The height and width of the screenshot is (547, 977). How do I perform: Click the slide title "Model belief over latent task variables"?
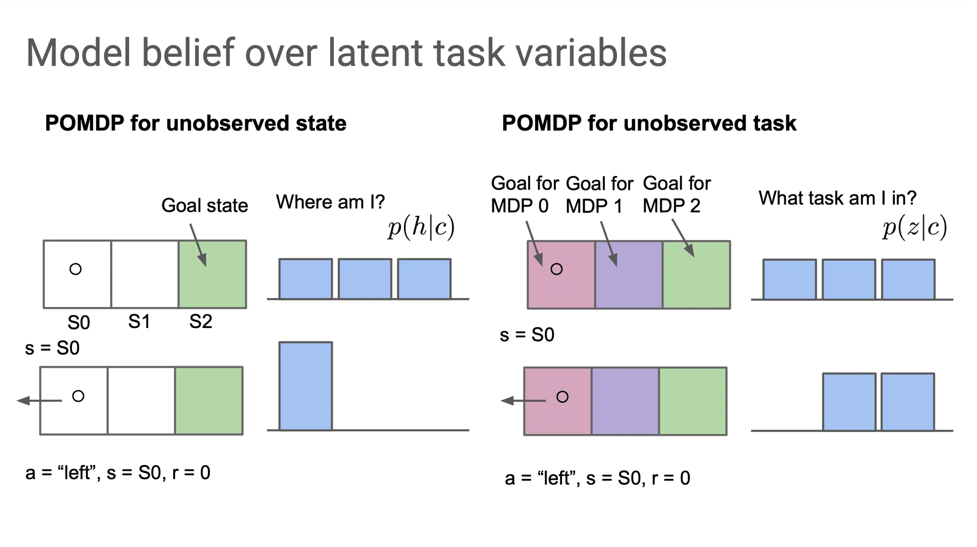pos(346,53)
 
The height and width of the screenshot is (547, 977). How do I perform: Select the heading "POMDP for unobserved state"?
pos(196,123)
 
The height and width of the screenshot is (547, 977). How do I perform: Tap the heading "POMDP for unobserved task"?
pos(649,123)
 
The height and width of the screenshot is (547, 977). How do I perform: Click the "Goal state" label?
pos(205,206)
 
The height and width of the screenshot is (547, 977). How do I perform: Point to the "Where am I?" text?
pos(330,202)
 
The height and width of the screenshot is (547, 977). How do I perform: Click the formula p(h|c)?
pos(421,227)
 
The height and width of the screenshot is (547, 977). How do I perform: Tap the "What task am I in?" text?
pos(837,198)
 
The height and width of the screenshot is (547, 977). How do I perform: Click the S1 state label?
pos(139,322)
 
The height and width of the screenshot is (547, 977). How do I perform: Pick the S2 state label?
pos(200,322)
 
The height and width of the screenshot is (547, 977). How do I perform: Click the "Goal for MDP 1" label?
pos(599,195)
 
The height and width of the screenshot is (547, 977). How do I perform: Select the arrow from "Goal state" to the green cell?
pos(198,245)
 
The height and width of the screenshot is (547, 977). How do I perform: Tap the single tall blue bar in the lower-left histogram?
pos(305,386)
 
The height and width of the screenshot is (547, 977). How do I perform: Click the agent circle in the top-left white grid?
pos(75,269)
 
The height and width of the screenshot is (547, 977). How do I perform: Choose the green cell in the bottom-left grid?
pos(208,400)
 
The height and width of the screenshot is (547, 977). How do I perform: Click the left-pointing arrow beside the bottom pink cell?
pos(522,400)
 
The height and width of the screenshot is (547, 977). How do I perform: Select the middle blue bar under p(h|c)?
pos(365,279)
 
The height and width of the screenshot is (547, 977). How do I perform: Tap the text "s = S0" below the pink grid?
pos(527,335)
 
